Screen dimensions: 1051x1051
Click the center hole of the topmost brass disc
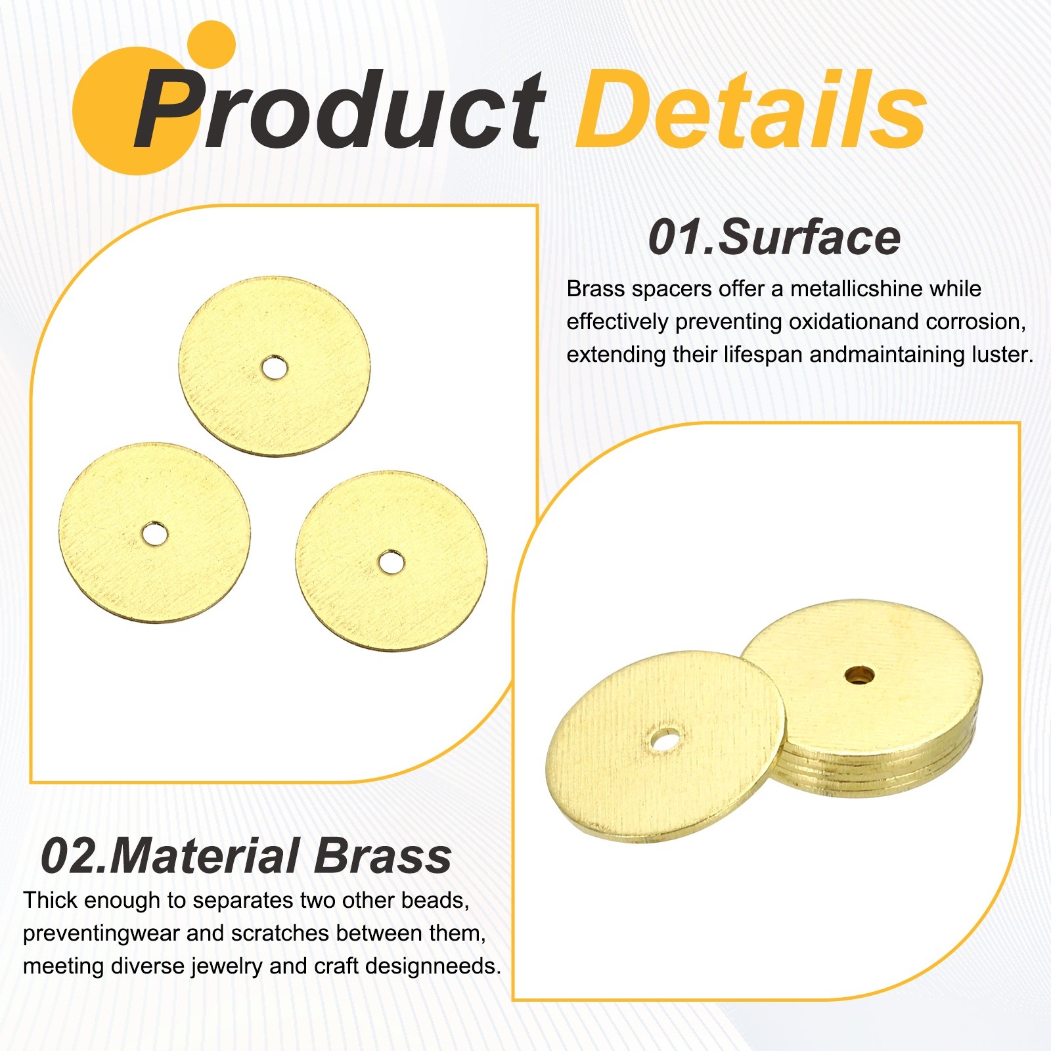point(275,368)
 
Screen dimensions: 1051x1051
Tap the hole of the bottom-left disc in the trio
point(154,534)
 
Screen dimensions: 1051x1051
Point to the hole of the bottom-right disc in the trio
point(391,562)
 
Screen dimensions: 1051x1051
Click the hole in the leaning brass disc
point(665,740)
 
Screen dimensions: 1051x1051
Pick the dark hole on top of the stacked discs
point(859,673)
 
